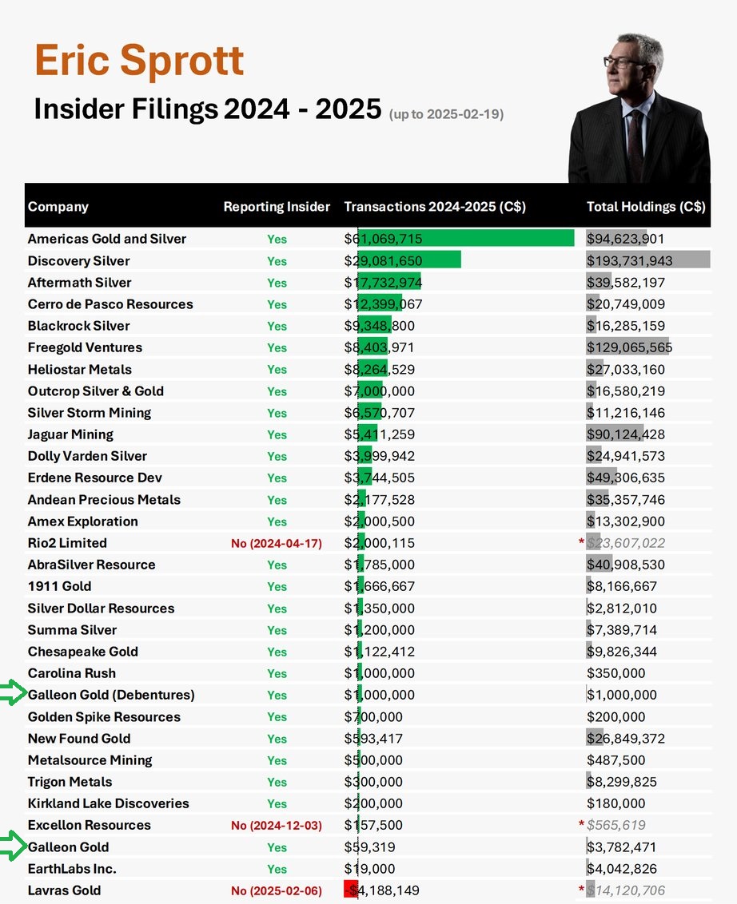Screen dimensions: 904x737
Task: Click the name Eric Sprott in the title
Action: [x=139, y=61]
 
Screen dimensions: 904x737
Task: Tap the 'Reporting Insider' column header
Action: [x=277, y=207]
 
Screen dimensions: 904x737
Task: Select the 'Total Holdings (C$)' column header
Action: [x=646, y=207]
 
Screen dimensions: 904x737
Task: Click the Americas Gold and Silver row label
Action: [x=107, y=239]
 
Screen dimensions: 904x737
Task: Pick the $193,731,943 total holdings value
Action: [x=630, y=261]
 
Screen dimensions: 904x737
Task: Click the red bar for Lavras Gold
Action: [x=350, y=890]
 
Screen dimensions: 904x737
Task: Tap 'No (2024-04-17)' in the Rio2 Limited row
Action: [x=277, y=544]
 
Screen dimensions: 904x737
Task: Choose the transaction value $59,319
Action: [x=369, y=847]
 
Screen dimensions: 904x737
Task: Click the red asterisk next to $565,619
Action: [x=581, y=825]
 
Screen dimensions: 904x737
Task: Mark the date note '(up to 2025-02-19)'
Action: [x=446, y=115]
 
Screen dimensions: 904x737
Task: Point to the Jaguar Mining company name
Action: [x=70, y=434]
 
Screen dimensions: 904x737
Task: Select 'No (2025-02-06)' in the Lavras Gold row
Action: [x=277, y=891]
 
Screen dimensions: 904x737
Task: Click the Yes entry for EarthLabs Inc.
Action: [x=277, y=870]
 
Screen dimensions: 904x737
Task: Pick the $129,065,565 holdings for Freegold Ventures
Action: [x=630, y=347]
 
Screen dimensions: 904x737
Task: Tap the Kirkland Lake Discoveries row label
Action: [x=108, y=803]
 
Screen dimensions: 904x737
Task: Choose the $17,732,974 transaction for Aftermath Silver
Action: [x=384, y=283]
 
